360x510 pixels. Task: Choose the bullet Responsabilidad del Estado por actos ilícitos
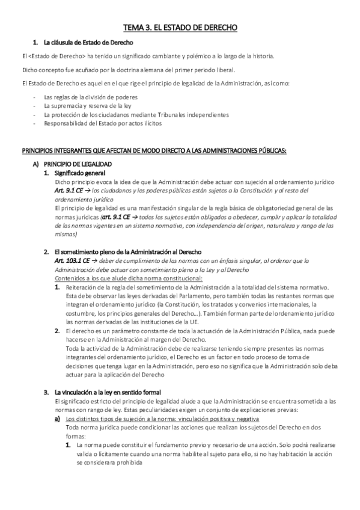(103, 123)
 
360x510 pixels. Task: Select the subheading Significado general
(84, 173)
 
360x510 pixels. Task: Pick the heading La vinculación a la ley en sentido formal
(109, 392)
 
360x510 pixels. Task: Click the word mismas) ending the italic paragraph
(66, 234)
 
